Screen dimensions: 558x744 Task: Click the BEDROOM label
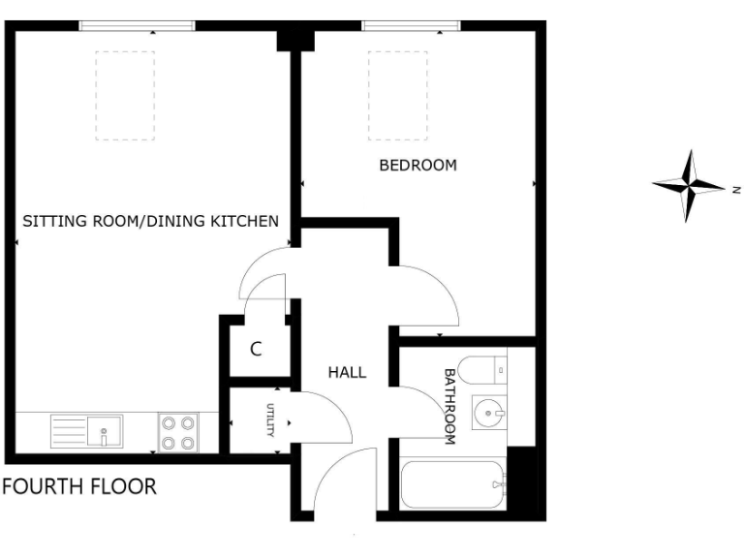pyautogui.click(x=418, y=166)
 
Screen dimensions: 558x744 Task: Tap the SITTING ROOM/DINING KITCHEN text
pyautogui.click(x=150, y=221)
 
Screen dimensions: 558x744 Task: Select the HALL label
pyautogui.click(x=347, y=372)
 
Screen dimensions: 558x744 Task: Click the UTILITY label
pyautogui.click(x=271, y=421)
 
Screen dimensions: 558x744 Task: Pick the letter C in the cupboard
pyautogui.click(x=256, y=350)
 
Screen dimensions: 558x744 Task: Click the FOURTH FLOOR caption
pyautogui.click(x=79, y=486)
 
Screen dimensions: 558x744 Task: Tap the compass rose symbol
pyautogui.click(x=689, y=185)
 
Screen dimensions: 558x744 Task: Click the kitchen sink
pyautogui.click(x=87, y=430)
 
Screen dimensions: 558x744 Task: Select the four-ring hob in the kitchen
pyautogui.click(x=178, y=432)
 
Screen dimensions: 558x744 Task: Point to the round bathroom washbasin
pyautogui.click(x=488, y=414)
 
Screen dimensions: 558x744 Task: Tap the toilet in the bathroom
pyautogui.click(x=480, y=368)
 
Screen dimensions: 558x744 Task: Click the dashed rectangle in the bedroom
pyautogui.click(x=397, y=95)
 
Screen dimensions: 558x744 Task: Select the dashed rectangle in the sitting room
pyautogui.click(x=125, y=95)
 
